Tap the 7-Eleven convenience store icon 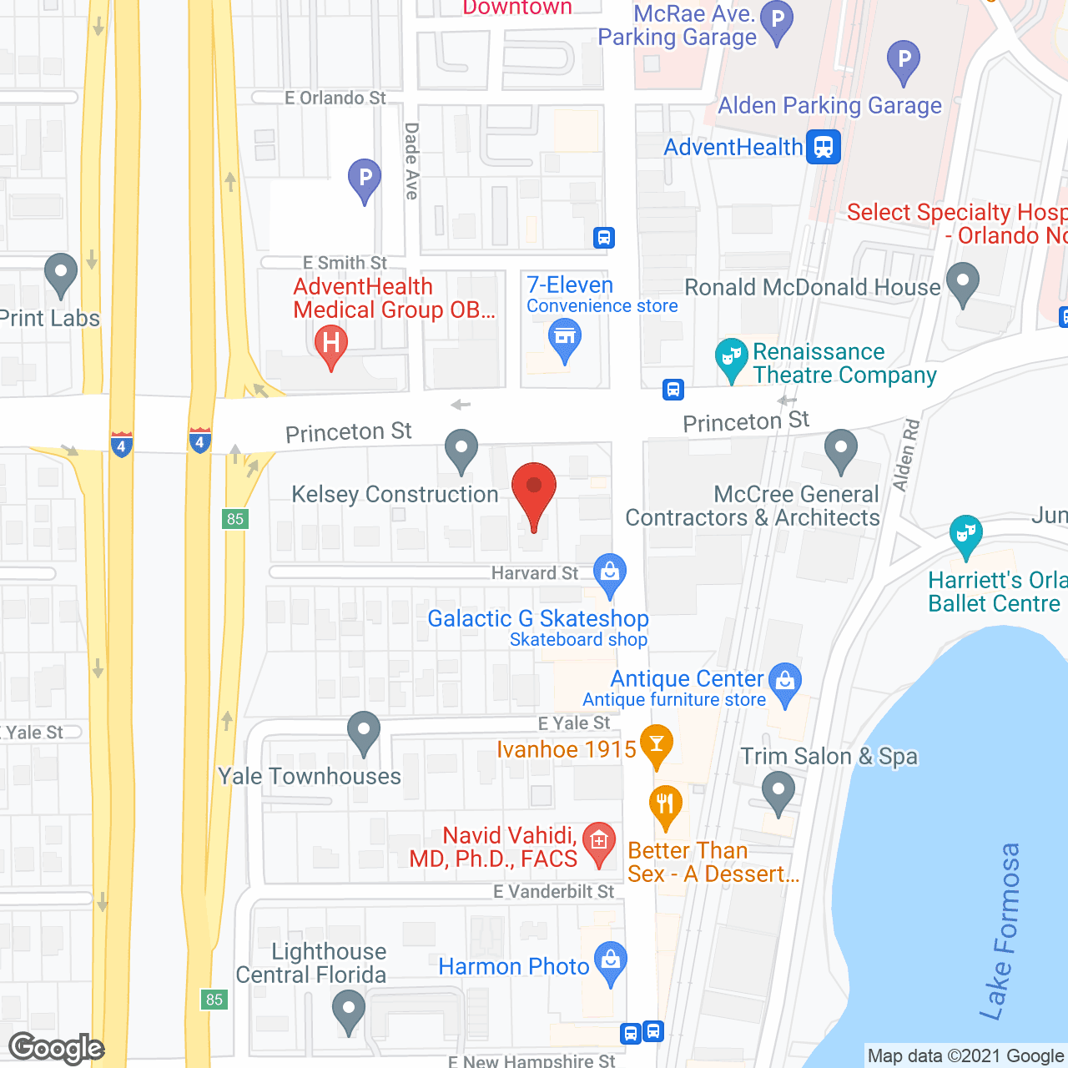point(565,339)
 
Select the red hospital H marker point(331,344)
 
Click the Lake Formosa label point(1002,931)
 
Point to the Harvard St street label point(534,573)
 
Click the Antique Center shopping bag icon point(784,682)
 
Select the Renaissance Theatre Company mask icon point(732,358)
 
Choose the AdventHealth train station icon point(824,147)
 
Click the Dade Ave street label point(411,161)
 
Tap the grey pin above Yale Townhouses point(363,731)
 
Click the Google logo point(57,1048)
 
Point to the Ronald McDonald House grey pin point(963,282)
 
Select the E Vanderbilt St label point(553,892)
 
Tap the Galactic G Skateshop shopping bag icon point(610,573)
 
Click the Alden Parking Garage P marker point(904,60)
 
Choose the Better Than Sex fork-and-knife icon point(665,804)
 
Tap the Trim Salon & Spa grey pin point(778,790)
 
